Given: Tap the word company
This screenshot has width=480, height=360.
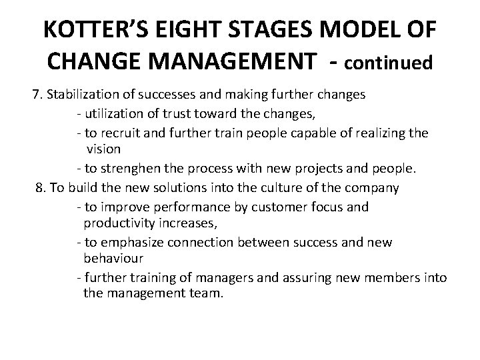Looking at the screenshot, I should pyautogui.click(x=372, y=188).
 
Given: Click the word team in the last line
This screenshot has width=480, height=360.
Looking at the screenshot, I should pyautogui.click(x=204, y=292).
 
